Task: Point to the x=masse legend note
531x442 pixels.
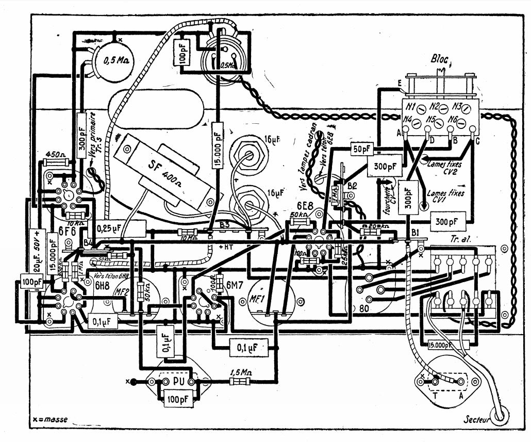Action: click(x=50, y=419)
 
